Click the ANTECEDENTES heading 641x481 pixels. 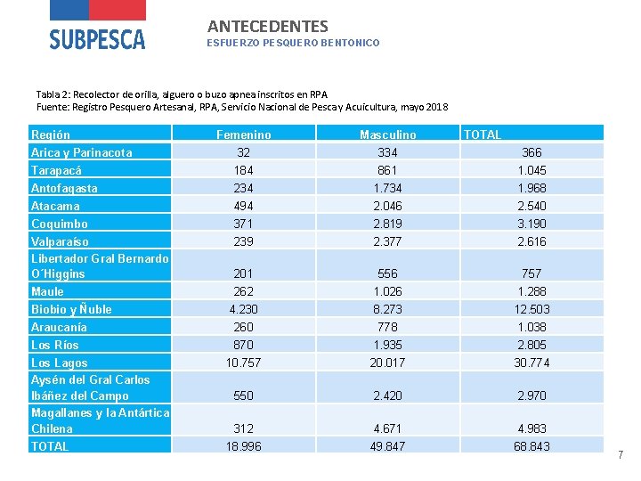(x=268, y=27)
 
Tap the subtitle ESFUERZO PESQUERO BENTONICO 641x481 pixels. (x=293, y=43)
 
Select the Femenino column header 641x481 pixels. (x=244, y=135)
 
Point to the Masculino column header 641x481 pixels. (x=387, y=135)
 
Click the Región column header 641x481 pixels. (x=51, y=135)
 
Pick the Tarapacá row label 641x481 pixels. (x=56, y=170)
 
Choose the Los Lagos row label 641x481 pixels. (x=60, y=363)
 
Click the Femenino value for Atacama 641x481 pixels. (x=243, y=206)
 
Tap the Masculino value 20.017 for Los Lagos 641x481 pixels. (x=387, y=363)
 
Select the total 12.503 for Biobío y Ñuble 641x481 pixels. (x=531, y=309)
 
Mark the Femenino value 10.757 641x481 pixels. (x=243, y=363)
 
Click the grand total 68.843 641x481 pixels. (x=531, y=446)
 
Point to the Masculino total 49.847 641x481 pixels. (x=387, y=446)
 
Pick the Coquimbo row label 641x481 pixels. (x=59, y=224)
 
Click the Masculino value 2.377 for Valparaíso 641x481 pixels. (x=387, y=241)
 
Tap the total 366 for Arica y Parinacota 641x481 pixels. (x=531, y=152)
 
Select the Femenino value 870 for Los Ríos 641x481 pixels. (x=243, y=345)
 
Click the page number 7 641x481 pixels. (x=621, y=455)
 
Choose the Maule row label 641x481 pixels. (x=47, y=291)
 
